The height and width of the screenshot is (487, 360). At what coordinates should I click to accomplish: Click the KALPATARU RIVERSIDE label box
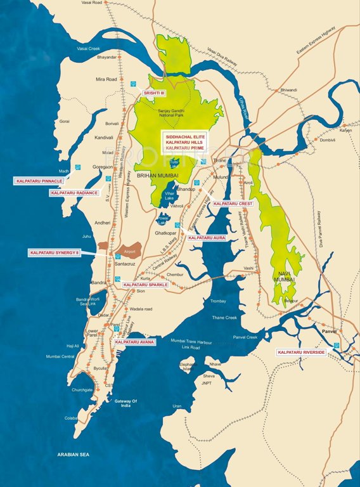click(x=302, y=352)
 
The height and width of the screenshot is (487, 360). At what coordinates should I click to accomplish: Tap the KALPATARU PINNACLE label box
click(x=39, y=181)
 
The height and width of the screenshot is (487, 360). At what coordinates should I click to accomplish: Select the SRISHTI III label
click(x=153, y=93)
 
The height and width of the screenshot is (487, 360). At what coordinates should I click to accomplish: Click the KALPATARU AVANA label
click(x=134, y=342)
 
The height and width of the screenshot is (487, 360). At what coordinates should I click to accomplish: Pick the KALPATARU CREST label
click(x=233, y=204)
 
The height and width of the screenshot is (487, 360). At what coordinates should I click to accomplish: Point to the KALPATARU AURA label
click(x=207, y=238)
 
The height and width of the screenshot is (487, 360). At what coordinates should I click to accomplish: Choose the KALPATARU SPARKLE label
click(x=146, y=285)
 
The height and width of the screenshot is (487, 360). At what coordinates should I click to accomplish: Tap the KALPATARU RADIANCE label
click(x=74, y=192)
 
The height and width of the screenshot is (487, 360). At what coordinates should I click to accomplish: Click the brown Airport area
click(x=130, y=249)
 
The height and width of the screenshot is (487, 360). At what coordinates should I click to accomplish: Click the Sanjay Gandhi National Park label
click(x=177, y=114)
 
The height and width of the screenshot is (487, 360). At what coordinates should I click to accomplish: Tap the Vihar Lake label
click(x=169, y=196)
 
